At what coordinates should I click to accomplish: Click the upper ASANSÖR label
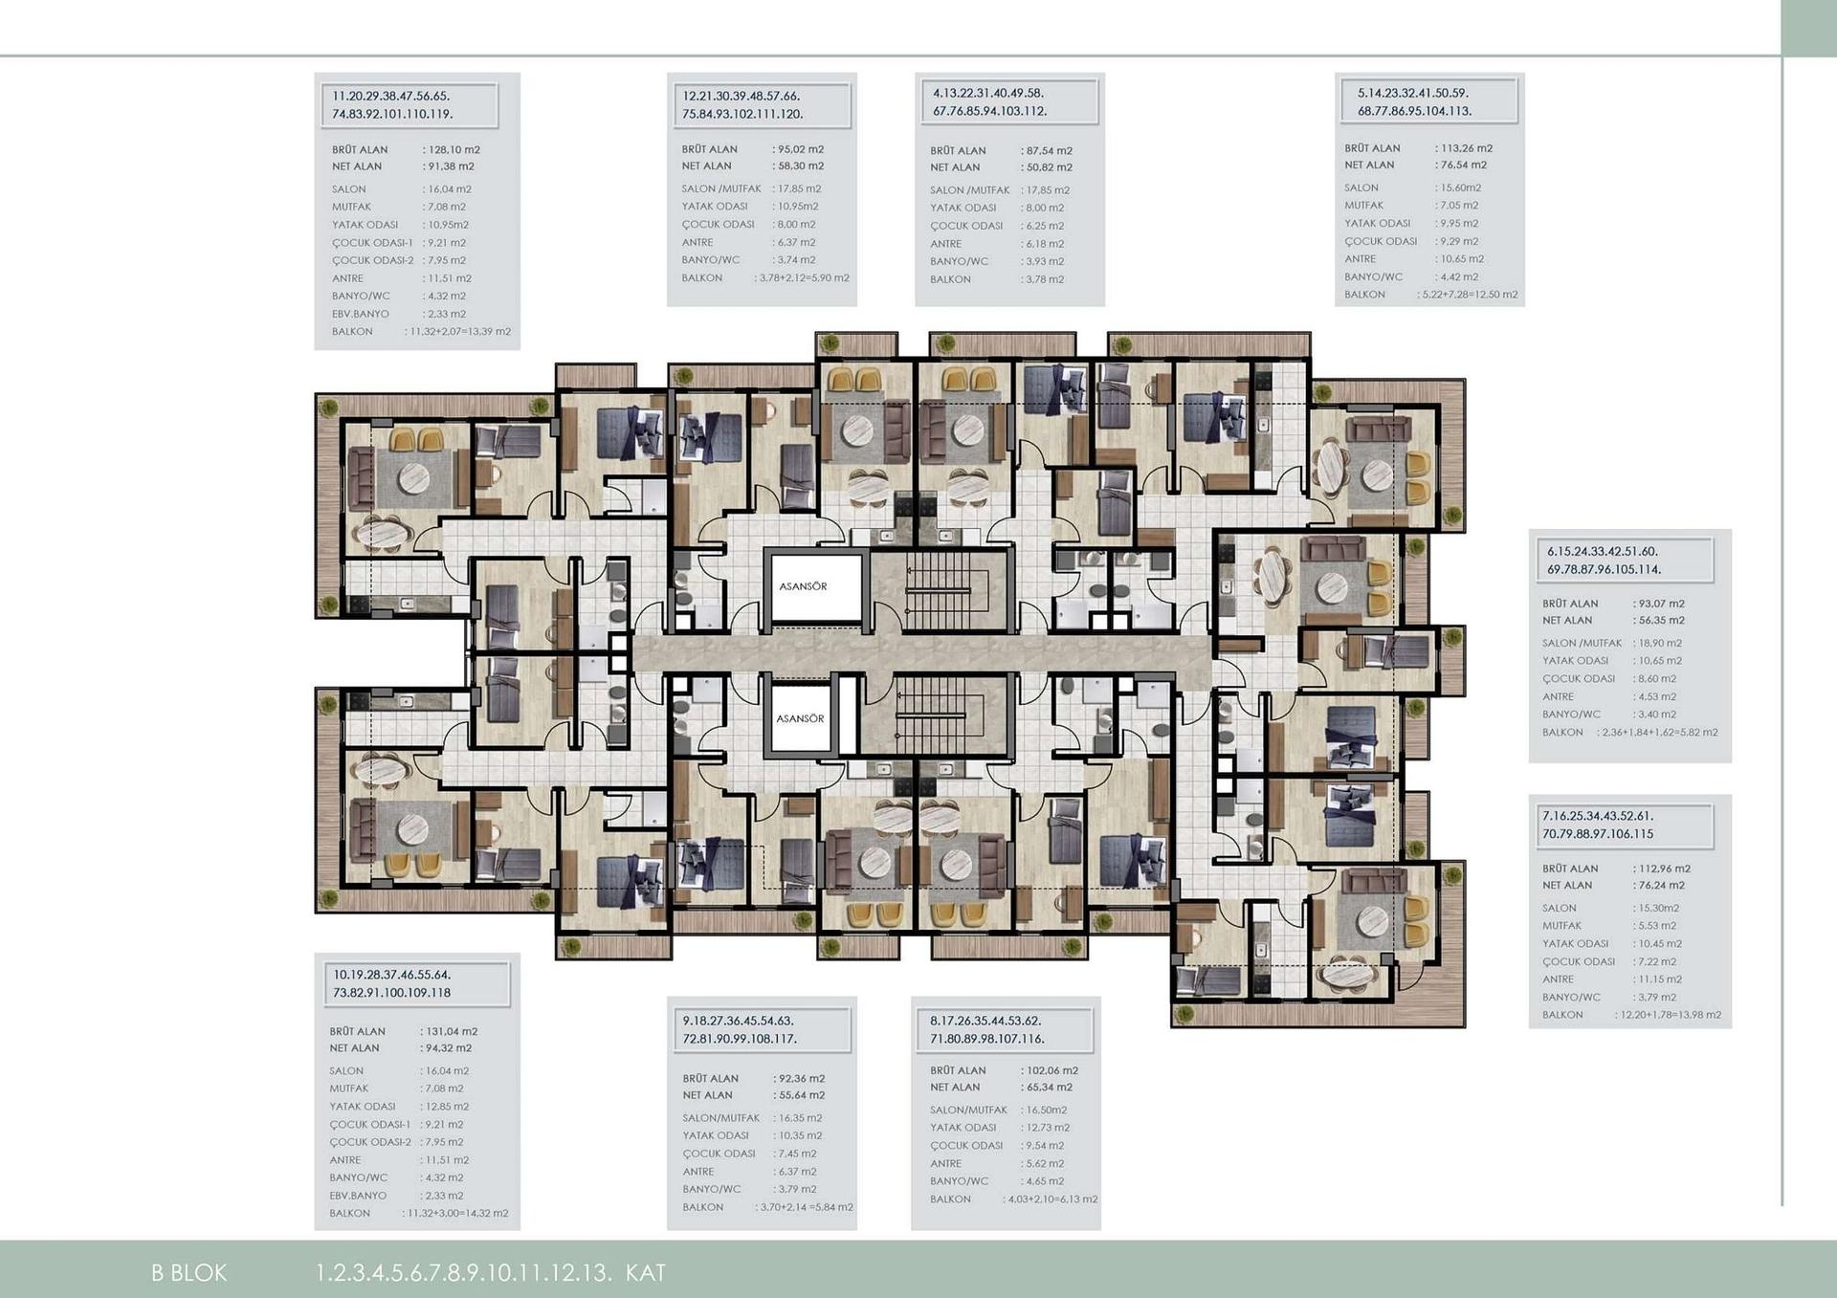(x=803, y=586)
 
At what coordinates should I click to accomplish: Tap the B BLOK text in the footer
(x=189, y=1273)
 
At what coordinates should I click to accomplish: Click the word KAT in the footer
(x=646, y=1273)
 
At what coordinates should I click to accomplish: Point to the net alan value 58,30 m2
(x=800, y=166)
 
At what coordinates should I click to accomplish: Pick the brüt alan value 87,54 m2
(x=1048, y=151)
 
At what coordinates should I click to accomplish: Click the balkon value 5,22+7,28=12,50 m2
(x=1468, y=295)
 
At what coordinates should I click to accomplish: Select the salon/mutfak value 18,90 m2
(x=1659, y=644)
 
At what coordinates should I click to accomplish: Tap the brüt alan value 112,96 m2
(x=1663, y=869)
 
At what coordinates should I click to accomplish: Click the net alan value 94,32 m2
(x=448, y=1048)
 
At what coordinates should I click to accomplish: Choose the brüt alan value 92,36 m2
(x=801, y=1079)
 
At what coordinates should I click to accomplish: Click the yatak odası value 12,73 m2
(x=1047, y=1128)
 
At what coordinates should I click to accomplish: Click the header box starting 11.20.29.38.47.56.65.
(x=409, y=105)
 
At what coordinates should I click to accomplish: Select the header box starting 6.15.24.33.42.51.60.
(x=1620, y=561)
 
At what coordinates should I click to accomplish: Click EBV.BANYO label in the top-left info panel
(x=361, y=314)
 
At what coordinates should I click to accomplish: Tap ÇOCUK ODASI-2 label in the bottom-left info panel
(x=370, y=1142)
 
